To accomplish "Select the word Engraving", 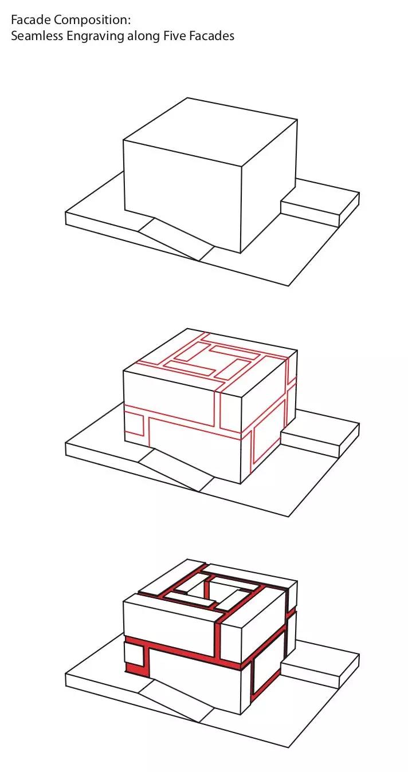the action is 95,37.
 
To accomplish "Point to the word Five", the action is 174,36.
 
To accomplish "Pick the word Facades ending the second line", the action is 211,36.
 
